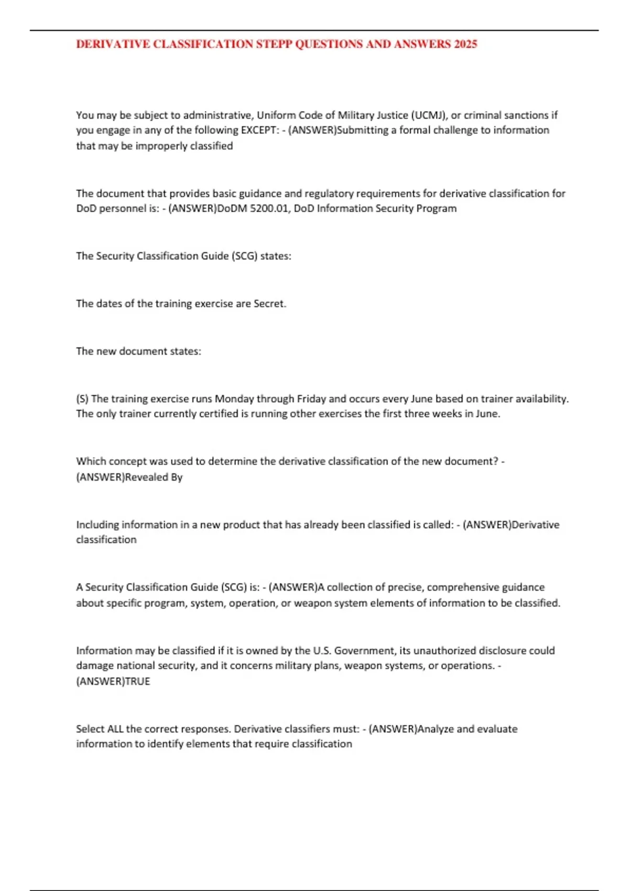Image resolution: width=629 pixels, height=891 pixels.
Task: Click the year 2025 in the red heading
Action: (x=465, y=44)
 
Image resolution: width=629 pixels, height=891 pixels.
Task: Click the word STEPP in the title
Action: (x=274, y=44)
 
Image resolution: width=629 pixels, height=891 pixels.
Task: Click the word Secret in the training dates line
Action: (x=269, y=303)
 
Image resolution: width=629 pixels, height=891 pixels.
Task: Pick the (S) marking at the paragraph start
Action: (x=82, y=399)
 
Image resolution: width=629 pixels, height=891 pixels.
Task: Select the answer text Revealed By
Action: (x=154, y=477)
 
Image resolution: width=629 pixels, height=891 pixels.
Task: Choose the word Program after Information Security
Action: (x=436, y=209)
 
